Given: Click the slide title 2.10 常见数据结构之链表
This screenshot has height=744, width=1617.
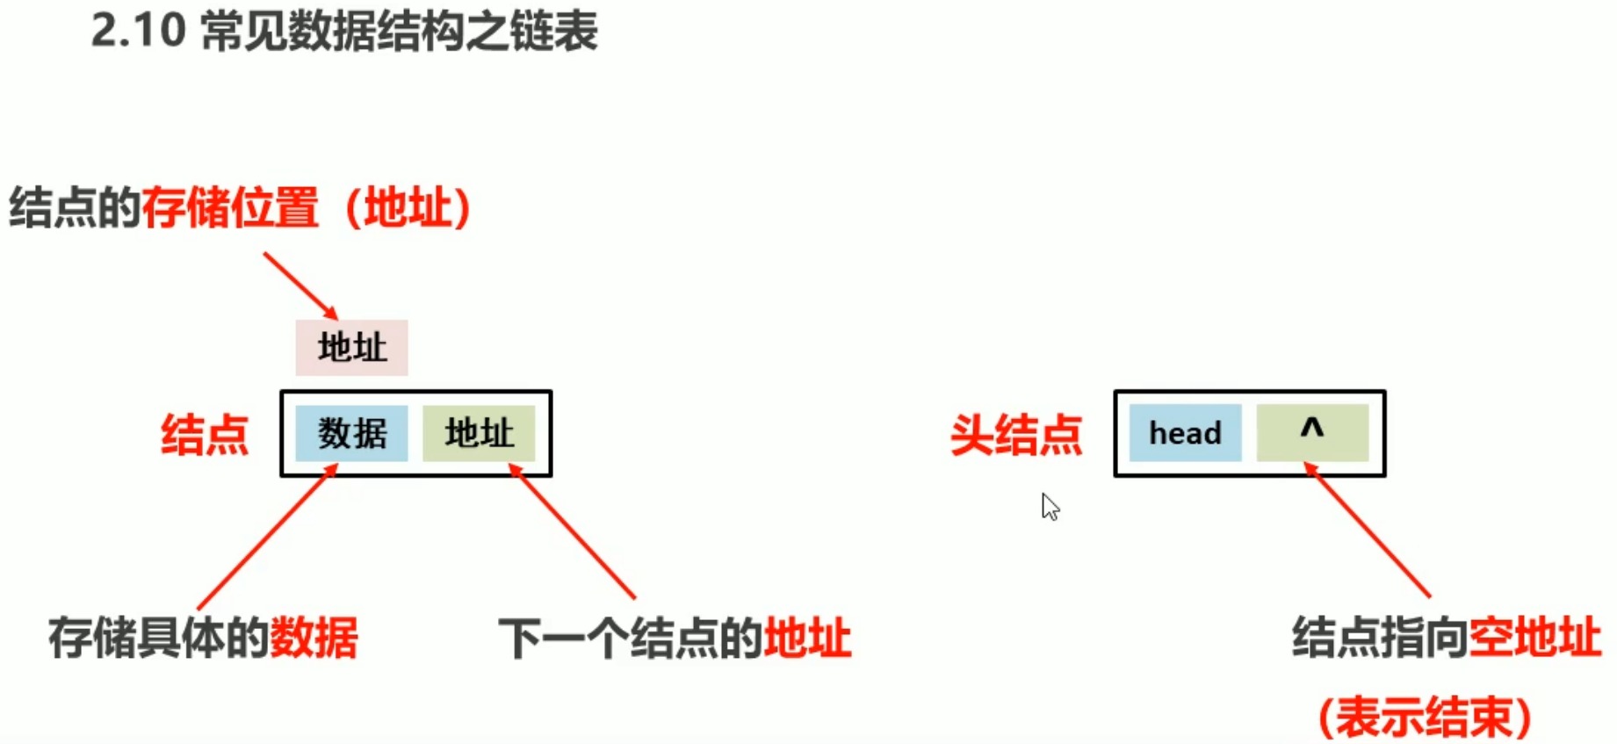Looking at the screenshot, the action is tap(344, 31).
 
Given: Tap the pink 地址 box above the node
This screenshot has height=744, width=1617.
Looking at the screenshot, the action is tap(351, 348).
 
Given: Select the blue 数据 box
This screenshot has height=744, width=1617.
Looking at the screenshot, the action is tap(351, 433).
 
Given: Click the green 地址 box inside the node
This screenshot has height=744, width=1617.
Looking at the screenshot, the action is tap(479, 433).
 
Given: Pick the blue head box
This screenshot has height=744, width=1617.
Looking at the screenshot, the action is tap(1185, 433).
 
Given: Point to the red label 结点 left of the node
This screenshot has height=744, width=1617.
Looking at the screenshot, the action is tap(205, 435).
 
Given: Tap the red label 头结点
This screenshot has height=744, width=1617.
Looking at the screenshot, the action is tap(1016, 435).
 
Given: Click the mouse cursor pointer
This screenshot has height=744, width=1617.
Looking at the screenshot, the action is tap(1050, 507).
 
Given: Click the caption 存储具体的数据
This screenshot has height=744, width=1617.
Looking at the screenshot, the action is tap(203, 638).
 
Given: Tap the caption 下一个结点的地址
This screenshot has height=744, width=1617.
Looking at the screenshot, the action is tap(675, 638).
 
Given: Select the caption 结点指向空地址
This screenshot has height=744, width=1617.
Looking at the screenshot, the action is tap(1446, 638).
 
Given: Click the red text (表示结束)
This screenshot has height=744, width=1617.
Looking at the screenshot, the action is tap(1425, 717).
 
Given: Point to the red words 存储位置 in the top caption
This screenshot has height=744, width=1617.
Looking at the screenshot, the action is tap(230, 208).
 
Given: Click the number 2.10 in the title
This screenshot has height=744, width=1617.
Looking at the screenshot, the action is tap(138, 31).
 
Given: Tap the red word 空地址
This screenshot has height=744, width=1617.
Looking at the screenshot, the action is tap(1534, 638).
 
